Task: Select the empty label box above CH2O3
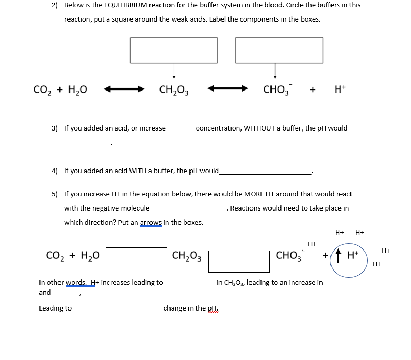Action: click(x=174, y=50)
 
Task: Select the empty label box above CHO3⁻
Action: click(x=279, y=50)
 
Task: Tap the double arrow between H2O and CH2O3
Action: click(x=124, y=89)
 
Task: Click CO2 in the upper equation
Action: click(x=43, y=90)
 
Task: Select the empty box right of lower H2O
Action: click(x=137, y=258)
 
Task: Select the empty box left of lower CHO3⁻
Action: click(x=239, y=261)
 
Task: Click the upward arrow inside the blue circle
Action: click(x=339, y=257)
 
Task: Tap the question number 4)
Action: click(x=55, y=171)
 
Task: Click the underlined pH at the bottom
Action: click(x=213, y=308)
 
